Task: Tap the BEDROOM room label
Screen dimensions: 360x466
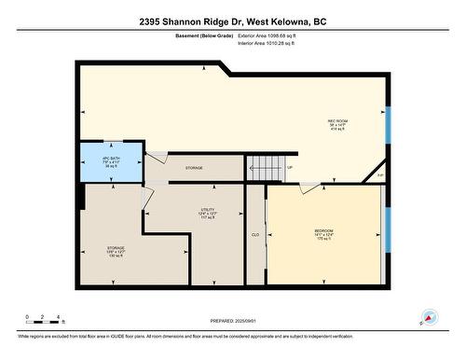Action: [x=324, y=229]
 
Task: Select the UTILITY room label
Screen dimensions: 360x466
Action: [x=209, y=209]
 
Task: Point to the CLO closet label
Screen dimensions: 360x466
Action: [x=254, y=235]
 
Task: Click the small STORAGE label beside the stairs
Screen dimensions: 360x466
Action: [x=194, y=168]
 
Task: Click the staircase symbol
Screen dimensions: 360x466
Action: [x=264, y=169]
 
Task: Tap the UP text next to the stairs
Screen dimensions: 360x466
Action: [x=289, y=168]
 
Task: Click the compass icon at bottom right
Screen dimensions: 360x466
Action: [x=430, y=317]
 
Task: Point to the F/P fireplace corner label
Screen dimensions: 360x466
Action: [x=379, y=174]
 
